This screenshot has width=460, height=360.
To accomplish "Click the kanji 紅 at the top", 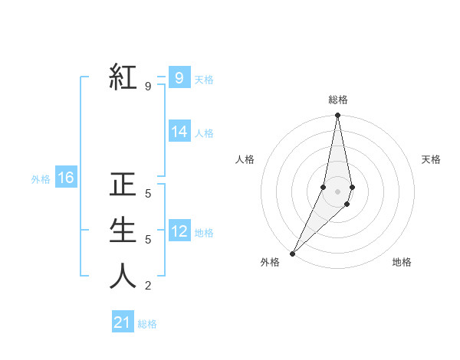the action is pos(123,77).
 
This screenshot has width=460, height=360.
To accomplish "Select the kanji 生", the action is pos(123,231).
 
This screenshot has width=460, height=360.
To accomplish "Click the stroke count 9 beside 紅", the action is pos(147,87).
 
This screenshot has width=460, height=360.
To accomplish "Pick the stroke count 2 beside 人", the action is pos(147,286).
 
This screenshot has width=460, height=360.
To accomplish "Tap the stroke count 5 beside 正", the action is pos(147,194).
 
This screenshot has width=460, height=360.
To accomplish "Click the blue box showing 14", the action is pos(179,132).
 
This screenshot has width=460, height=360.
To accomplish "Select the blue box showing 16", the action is pos(66,178).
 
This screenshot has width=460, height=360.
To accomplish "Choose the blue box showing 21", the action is pos(123,322).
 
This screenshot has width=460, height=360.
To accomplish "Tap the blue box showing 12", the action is pos(179,231).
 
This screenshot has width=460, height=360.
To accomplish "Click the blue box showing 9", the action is pos(179,77).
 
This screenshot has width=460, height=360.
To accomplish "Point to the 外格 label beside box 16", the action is pos(41,179).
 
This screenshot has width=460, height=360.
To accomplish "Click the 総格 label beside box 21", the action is pos(147,324).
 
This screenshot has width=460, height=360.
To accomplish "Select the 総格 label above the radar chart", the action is pos(337,100).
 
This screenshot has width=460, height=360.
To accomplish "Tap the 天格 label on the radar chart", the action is pos(431,159).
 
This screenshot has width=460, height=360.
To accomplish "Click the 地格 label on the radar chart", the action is pos(402,262).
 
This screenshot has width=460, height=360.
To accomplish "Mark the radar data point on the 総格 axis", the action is pos(337,116).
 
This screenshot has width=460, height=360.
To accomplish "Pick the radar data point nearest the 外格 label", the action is pos(292,253).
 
